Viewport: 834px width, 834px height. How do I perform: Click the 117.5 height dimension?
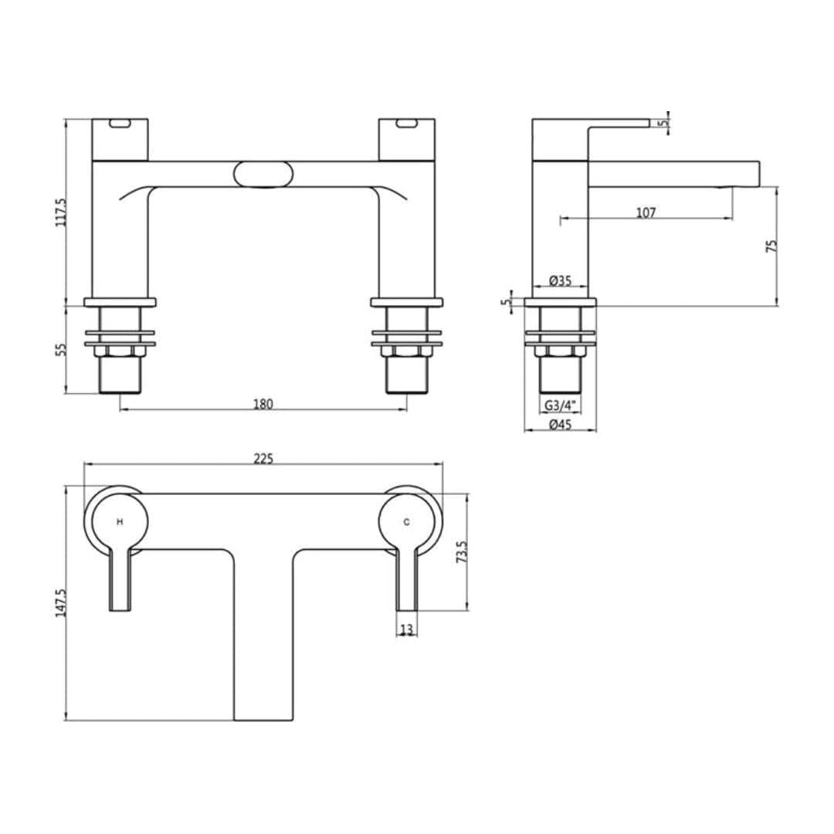[x=62, y=212]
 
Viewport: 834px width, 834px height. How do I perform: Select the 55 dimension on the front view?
[x=62, y=348]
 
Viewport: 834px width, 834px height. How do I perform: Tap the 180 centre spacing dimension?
[x=263, y=404]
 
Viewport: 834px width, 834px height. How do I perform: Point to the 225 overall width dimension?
[x=263, y=458]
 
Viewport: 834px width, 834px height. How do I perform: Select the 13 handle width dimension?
[x=406, y=630]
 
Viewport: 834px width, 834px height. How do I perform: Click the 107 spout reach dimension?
[x=646, y=212]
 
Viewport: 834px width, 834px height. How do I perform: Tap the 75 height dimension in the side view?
[x=771, y=246]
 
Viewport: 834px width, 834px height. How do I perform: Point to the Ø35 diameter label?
[x=560, y=281]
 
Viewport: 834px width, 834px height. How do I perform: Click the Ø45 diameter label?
[x=560, y=425]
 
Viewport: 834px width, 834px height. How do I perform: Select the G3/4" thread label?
[x=560, y=405]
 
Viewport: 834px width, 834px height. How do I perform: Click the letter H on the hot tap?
[x=120, y=522]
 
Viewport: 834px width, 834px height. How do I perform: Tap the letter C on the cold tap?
[x=407, y=522]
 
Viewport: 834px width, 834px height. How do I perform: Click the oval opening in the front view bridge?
[x=263, y=174]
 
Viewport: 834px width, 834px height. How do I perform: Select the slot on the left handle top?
[x=120, y=124]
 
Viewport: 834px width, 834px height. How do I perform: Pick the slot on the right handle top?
[x=406, y=124]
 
